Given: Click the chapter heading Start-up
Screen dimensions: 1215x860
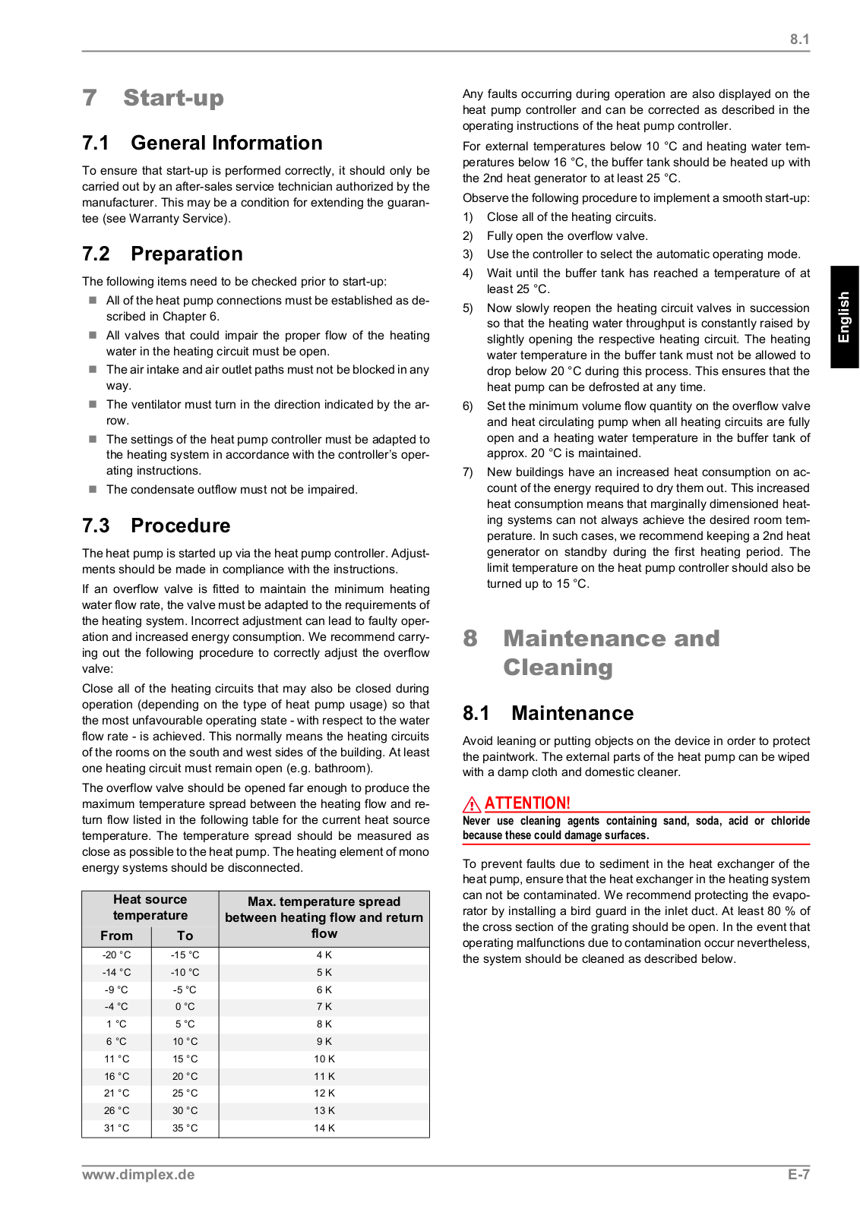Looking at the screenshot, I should point(173,98).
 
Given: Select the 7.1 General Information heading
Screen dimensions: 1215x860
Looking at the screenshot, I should point(202,143).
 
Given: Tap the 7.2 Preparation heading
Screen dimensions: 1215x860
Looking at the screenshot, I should point(163,254).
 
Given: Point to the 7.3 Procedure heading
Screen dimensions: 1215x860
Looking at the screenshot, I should point(156,525).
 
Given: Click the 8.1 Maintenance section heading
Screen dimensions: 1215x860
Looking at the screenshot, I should point(548,713).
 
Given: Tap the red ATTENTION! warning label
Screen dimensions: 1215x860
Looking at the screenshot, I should point(527,803).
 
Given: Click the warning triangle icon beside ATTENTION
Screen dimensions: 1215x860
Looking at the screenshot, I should point(472,803).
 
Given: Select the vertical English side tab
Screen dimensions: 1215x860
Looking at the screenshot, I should point(844,317).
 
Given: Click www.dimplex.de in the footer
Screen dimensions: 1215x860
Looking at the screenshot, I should point(138,1175).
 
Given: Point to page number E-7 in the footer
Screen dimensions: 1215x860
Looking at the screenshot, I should point(798,1175).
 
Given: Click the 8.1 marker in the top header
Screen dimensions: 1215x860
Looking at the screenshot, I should point(799,39).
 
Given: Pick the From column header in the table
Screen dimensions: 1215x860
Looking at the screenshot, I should point(116,936).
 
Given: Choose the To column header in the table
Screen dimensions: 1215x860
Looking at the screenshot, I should point(185,936).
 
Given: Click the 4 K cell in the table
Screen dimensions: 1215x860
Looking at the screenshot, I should point(324,955).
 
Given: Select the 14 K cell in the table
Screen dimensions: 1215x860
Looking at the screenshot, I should point(324,1128).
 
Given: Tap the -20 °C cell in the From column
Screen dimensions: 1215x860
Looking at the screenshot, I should point(116,955).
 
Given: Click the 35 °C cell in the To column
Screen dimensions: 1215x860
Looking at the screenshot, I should point(185,1128).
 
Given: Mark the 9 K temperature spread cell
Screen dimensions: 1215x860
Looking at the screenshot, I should point(324,1042).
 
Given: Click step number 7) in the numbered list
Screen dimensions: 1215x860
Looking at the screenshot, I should point(468,472).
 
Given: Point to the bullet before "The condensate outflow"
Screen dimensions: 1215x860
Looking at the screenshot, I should point(93,489).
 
